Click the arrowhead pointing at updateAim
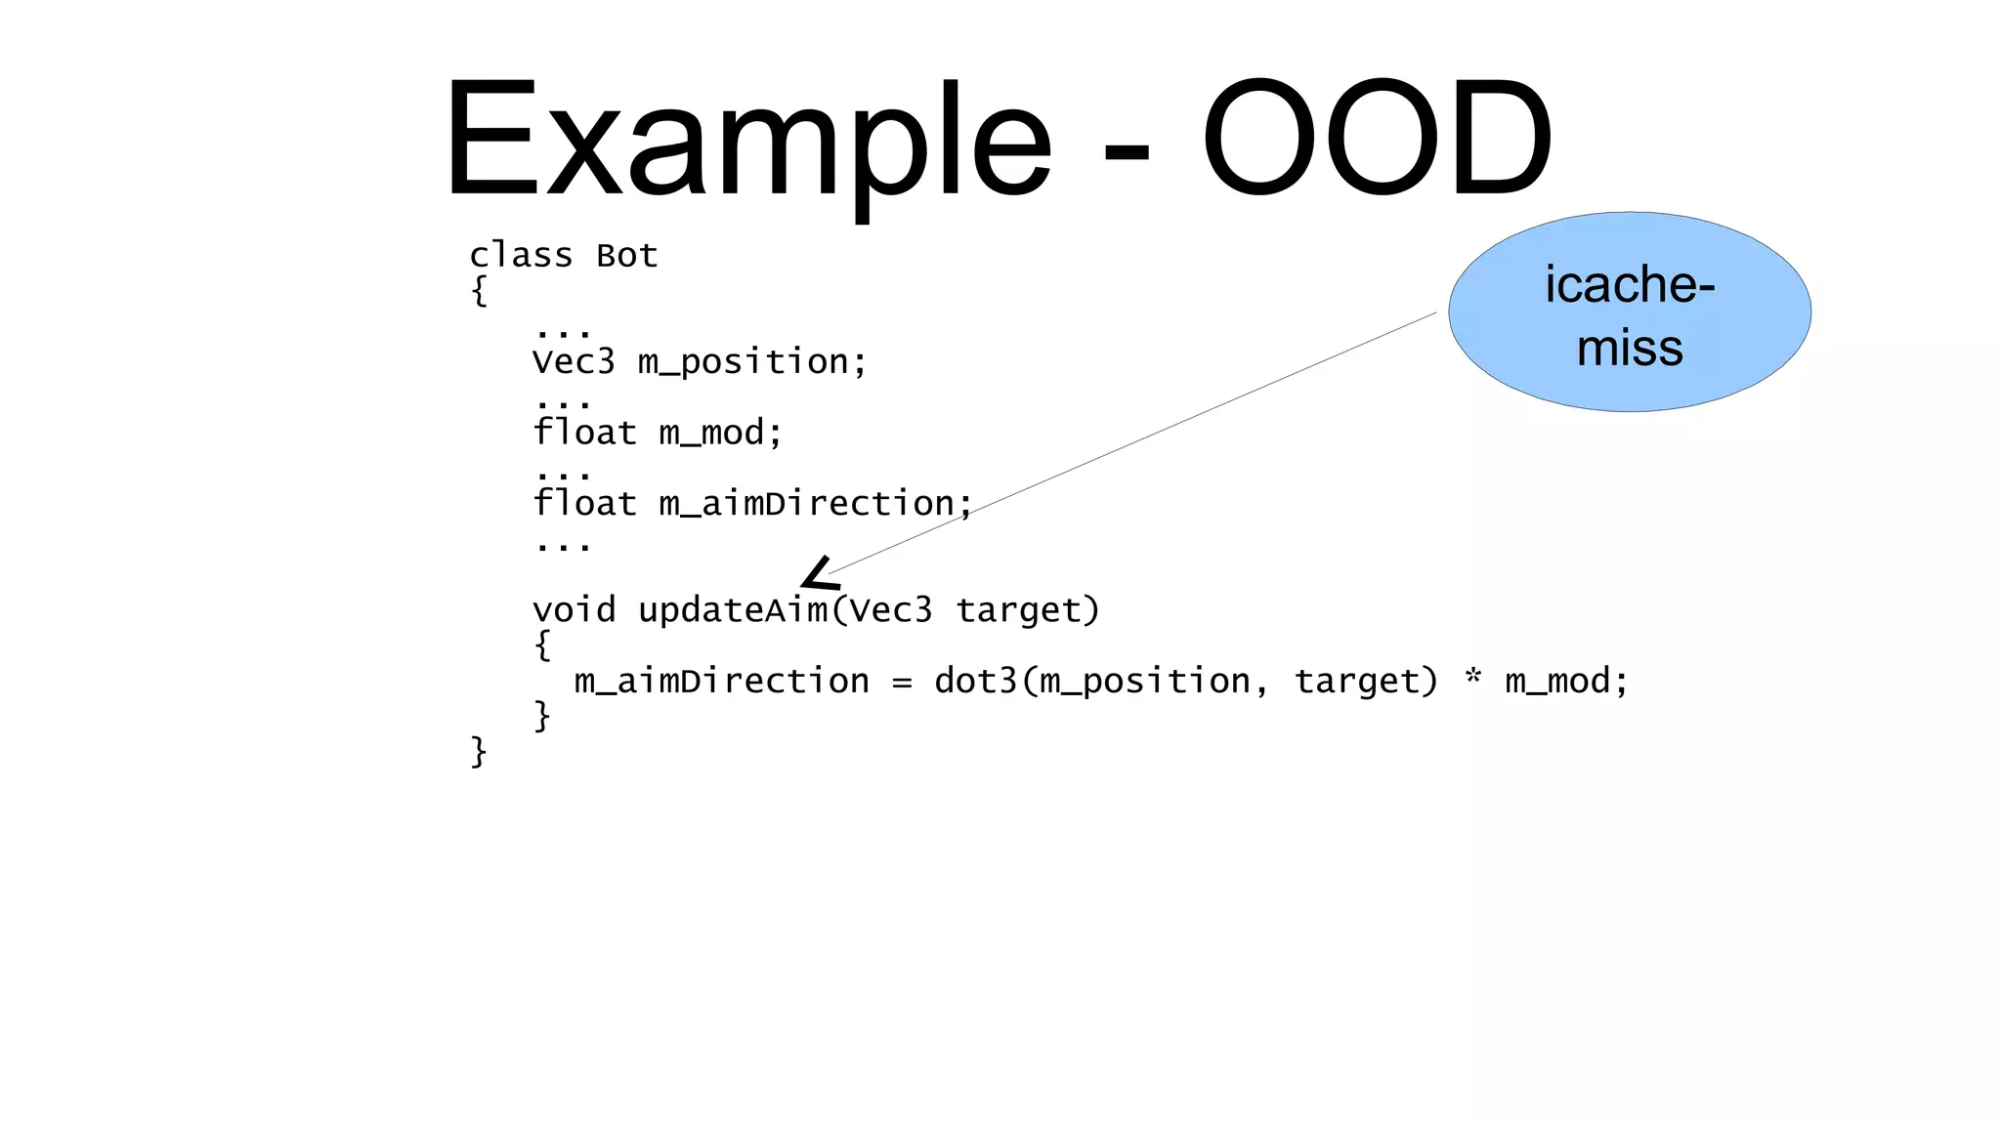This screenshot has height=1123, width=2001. (819, 574)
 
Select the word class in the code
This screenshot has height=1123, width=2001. (521, 256)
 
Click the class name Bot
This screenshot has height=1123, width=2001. (626, 256)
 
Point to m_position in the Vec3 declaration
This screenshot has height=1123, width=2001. (744, 362)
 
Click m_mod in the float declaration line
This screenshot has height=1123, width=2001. (711, 433)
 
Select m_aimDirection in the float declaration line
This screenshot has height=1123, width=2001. (806, 504)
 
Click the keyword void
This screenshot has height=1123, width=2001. (574, 610)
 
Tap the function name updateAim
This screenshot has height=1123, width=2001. (732, 610)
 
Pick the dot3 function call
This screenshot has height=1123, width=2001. (976, 681)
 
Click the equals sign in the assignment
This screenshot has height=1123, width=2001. (902, 682)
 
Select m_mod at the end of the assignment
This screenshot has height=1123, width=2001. (1556, 681)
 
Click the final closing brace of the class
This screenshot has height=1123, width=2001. (479, 752)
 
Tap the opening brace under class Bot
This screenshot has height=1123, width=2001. (479, 291)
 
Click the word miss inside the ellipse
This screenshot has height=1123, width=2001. (1630, 348)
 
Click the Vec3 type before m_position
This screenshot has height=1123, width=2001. (574, 362)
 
